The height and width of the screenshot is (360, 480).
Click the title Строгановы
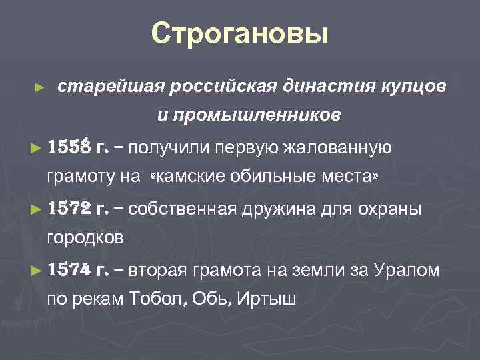240,33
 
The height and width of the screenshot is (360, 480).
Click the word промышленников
249,116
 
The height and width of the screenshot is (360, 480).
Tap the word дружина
306,209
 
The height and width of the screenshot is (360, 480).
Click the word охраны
393,209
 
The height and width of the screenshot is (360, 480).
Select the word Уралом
406,271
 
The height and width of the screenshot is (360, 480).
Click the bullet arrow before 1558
36,148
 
